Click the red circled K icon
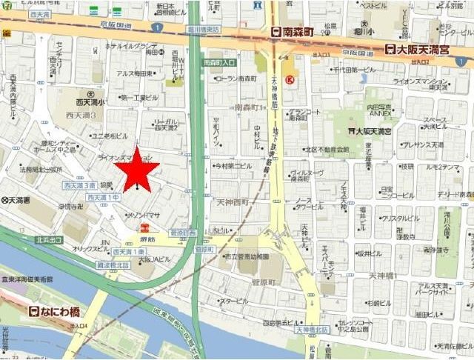click(290, 78)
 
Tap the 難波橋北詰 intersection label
click(113, 264)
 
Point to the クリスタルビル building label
click(401, 219)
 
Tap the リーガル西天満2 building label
click(164, 124)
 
